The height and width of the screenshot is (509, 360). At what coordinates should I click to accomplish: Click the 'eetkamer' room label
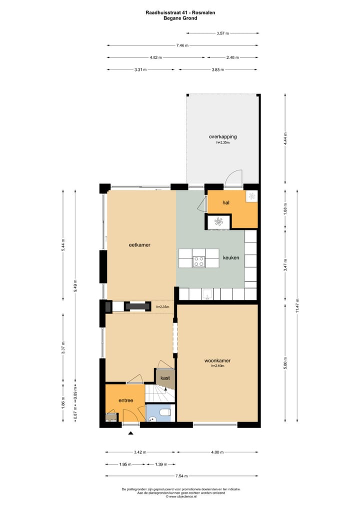(x=139, y=245)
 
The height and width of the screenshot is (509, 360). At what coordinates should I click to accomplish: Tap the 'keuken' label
(x=231, y=258)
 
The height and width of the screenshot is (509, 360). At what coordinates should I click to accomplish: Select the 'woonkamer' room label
(x=217, y=360)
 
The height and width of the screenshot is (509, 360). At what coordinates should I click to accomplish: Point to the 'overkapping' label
(x=222, y=136)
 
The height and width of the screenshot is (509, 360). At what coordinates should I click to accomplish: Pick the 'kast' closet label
(x=165, y=378)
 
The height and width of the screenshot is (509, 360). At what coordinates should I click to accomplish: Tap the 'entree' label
(x=125, y=400)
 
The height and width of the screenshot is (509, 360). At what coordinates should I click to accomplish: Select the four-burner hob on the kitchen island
(x=199, y=260)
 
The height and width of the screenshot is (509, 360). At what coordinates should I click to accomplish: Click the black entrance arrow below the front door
(x=131, y=433)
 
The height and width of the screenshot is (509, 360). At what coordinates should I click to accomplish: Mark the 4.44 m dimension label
(x=285, y=138)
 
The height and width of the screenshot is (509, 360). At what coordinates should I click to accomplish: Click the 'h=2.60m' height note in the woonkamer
(x=217, y=366)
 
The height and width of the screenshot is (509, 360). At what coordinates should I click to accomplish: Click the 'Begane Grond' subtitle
(x=180, y=18)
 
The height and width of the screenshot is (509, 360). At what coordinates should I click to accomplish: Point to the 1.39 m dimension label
(x=161, y=464)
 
